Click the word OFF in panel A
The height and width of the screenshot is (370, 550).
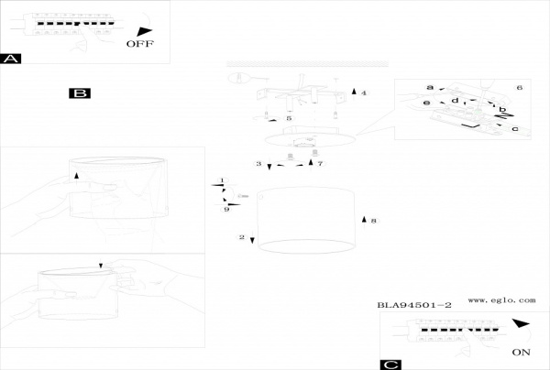click(x=140, y=43)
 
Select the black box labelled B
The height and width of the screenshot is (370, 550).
click(x=81, y=93)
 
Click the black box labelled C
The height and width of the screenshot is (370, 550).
click(x=390, y=365)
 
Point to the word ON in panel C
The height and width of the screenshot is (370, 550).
click(x=522, y=352)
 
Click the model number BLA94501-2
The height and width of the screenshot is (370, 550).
click(x=414, y=304)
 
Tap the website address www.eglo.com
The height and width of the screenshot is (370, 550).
click(x=501, y=299)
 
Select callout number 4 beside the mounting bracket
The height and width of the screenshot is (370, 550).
click(x=363, y=93)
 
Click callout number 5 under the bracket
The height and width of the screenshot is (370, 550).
click(x=289, y=119)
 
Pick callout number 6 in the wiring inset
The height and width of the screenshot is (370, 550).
click(x=519, y=87)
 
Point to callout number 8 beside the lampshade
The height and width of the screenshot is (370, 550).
click(x=374, y=221)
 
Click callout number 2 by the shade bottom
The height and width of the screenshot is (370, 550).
click(x=241, y=237)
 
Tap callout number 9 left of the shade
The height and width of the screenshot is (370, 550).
click(x=225, y=210)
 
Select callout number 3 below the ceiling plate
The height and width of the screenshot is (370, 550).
click(x=258, y=164)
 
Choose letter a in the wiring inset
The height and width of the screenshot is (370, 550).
click(x=429, y=87)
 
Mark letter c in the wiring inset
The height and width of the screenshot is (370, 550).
click(x=515, y=129)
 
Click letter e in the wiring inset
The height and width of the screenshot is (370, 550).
click(x=427, y=103)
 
